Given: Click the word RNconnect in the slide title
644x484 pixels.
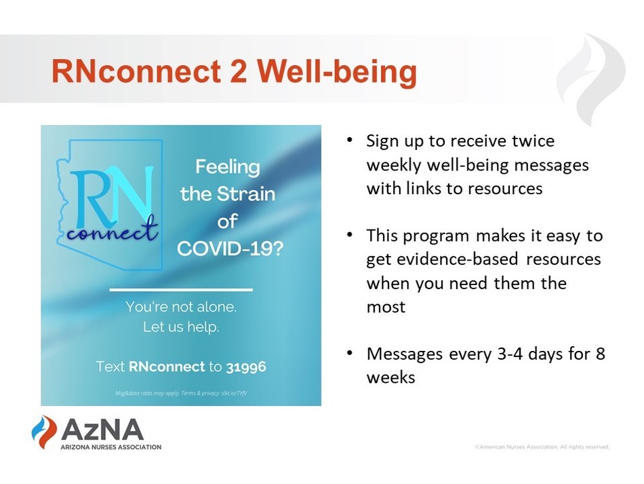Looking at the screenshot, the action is click(x=136, y=71).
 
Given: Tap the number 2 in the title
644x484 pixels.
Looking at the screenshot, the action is click(x=239, y=71).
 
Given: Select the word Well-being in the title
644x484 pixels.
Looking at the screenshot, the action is click(x=337, y=73).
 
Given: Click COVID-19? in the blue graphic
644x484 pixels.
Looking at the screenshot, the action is click(x=230, y=248).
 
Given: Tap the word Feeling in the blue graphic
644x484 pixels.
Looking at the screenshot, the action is click(x=228, y=168).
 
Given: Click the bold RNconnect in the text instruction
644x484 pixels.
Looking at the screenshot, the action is click(x=167, y=367).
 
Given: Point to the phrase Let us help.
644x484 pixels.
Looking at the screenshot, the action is click(x=181, y=327).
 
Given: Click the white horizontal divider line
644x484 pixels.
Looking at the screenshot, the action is click(x=181, y=290).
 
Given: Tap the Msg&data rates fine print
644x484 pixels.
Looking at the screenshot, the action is click(x=181, y=393).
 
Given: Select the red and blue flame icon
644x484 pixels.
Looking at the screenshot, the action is click(x=44, y=432).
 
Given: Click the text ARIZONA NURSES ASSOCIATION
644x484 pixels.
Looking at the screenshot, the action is click(x=111, y=447).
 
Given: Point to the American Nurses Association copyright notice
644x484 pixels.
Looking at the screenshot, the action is click(x=542, y=447).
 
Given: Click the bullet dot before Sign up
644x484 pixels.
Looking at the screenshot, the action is click(x=350, y=140).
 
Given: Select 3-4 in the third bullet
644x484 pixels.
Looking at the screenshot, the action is click(x=510, y=354).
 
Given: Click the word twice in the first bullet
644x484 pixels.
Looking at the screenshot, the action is click(x=533, y=141).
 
